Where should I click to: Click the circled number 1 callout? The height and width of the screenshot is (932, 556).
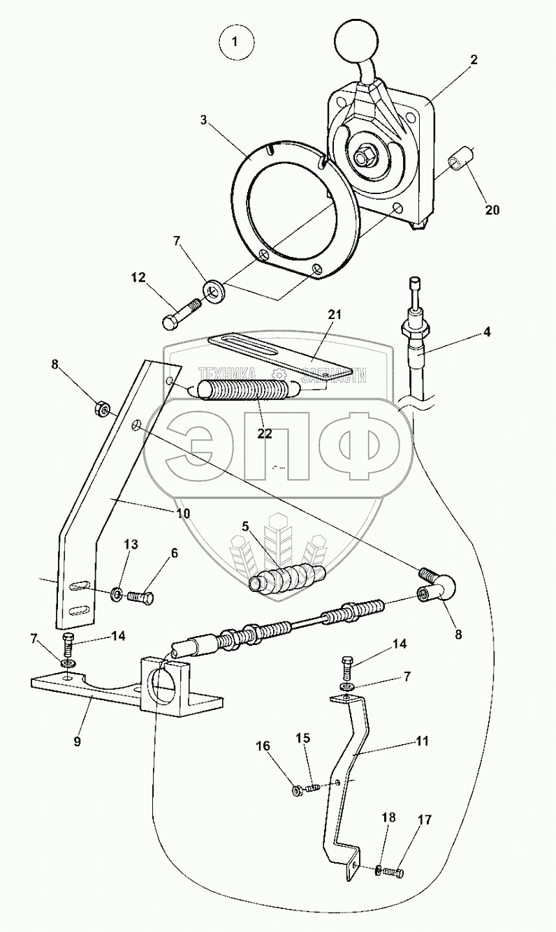[236, 42]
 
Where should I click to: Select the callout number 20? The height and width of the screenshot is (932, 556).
[492, 210]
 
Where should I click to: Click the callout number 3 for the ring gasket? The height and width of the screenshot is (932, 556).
[203, 120]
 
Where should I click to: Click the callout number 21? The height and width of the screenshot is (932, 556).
[334, 315]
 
